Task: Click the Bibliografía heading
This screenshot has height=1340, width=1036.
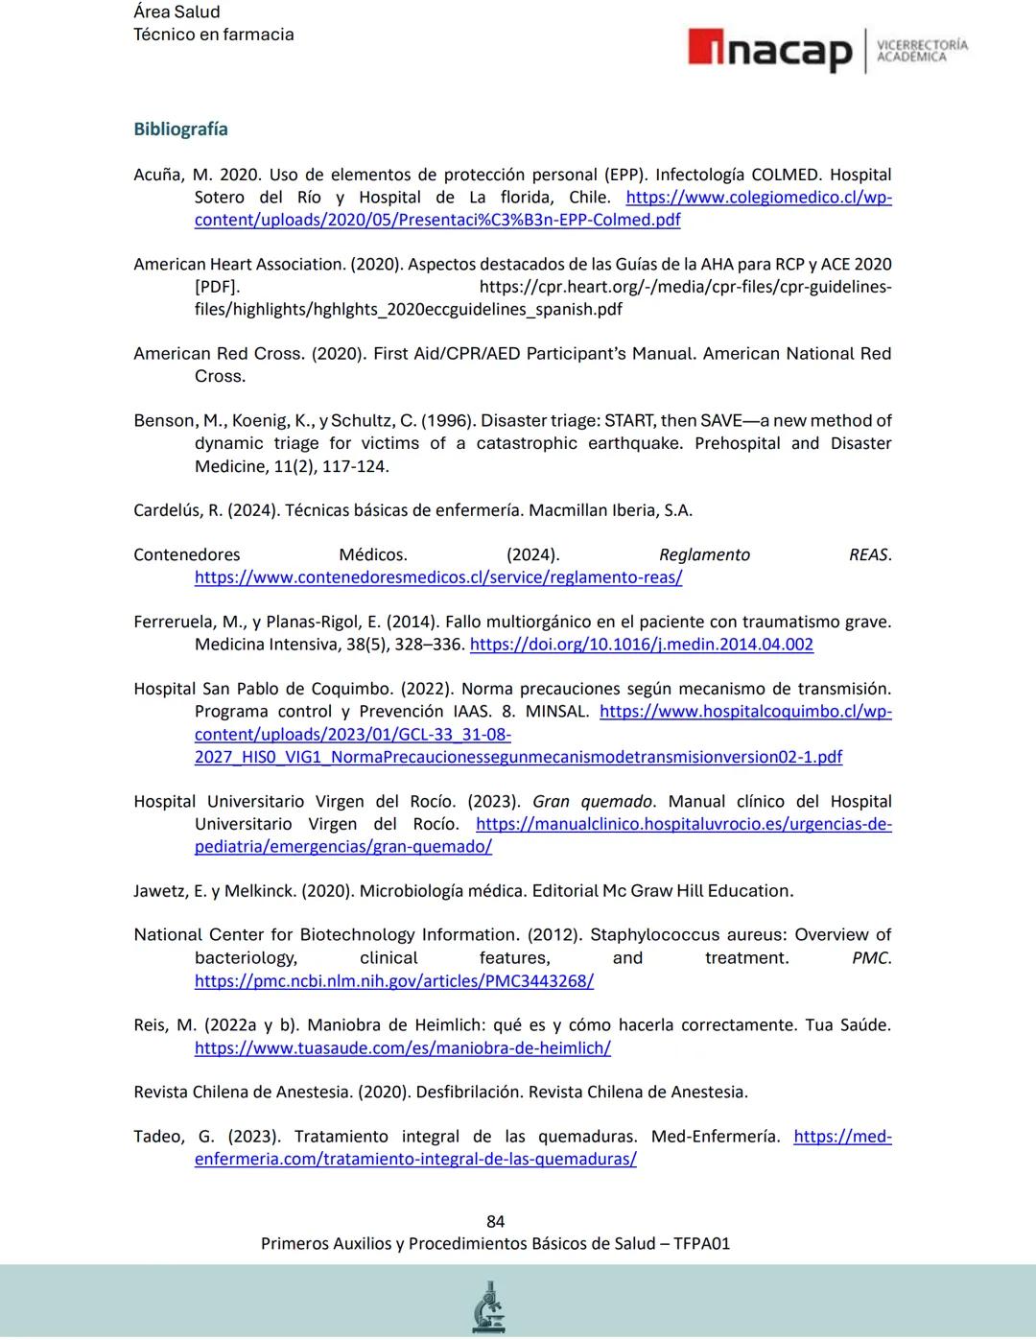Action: point(180,129)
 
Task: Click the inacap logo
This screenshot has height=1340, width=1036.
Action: point(769,51)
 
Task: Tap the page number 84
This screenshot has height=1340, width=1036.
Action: point(495,1221)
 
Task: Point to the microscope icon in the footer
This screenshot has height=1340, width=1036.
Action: point(489,1306)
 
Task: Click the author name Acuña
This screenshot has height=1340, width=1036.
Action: point(158,176)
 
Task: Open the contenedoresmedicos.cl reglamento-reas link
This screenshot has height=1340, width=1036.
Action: point(438,577)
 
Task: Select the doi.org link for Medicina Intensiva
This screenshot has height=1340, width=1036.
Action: point(641,645)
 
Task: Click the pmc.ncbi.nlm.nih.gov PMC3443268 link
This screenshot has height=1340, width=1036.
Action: point(393,980)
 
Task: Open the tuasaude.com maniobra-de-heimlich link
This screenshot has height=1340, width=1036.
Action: point(402,1047)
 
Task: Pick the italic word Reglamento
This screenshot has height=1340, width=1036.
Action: point(704,555)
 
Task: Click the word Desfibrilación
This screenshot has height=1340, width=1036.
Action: point(453,1093)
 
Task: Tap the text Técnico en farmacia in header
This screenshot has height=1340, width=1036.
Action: point(213,35)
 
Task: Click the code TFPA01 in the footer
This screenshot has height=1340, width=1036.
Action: point(701,1244)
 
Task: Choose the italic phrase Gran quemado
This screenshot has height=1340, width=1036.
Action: point(592,802)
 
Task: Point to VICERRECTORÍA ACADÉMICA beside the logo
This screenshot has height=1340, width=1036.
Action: point(922,51)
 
